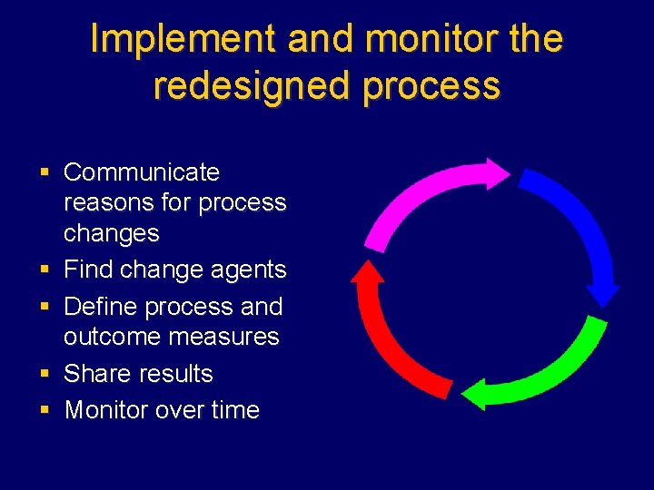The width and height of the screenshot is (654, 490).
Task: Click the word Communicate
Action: click(x=142, y=171)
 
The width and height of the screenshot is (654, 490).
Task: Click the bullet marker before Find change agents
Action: click(x=44, y=269)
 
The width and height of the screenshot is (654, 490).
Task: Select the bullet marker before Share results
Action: click(x=44, y=373)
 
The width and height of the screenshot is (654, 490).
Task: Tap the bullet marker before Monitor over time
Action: click(x=44, y=410)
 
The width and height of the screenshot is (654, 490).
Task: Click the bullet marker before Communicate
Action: click(x=44, y=171)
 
